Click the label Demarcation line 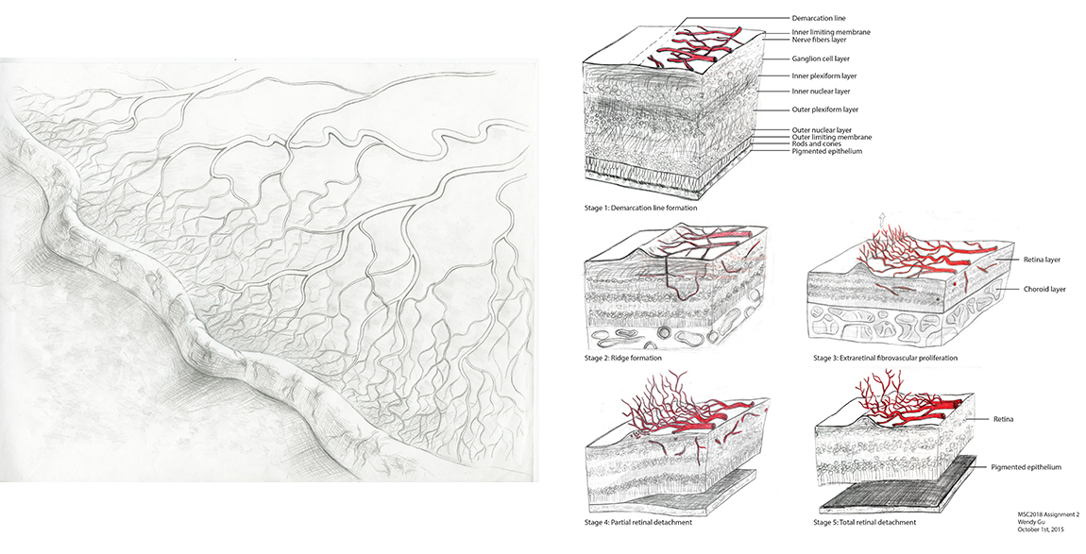pos(818,18)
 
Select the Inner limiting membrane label pos(830,32)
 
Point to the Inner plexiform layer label pos(823,76)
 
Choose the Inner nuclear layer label pos(820,92)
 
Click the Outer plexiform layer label pos(824,109)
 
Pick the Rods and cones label pos(817,144)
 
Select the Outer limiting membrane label pos(831,137)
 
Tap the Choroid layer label pos(1044,290)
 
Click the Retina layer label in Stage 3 pos(1042,260)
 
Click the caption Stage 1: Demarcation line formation pos(640,208)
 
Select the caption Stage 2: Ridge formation pos(622,358)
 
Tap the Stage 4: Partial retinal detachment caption pos(637,522)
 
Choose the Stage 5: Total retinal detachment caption pos(864,522)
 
